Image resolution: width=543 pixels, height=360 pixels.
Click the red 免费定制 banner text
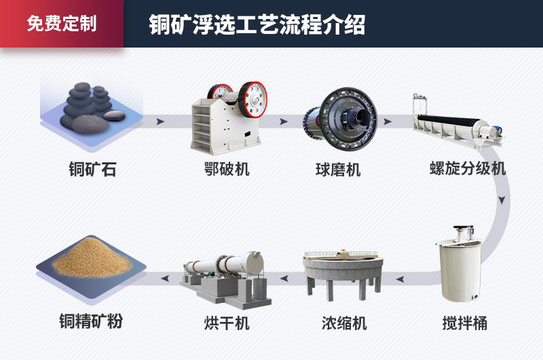(62, 23)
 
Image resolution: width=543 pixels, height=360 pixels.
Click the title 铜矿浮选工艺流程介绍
(257, 24)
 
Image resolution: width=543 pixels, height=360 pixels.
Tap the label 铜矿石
(92, 169)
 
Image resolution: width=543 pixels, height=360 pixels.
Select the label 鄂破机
(227, 169)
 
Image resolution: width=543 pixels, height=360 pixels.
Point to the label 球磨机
(338, 170)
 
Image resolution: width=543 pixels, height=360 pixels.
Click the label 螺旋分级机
(468, 168)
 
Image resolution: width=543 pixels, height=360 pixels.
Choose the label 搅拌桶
(465, 323)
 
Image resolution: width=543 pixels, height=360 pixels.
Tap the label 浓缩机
(344, 323)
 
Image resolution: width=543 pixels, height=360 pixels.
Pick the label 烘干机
(227, 323)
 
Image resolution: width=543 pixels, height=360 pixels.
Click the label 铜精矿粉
(91, 321)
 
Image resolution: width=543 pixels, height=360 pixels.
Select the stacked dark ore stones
(92, 107)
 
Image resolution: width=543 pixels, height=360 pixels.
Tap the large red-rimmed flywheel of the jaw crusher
(253, 99)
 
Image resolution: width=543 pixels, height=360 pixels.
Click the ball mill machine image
(341, 118)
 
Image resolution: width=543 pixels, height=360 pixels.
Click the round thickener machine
(343, 274)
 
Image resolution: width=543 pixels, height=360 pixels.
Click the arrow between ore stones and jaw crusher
(160, 122)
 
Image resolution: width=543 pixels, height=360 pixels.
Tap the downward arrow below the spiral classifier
(502, 200)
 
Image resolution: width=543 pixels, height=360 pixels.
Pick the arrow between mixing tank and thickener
(400, 279)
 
